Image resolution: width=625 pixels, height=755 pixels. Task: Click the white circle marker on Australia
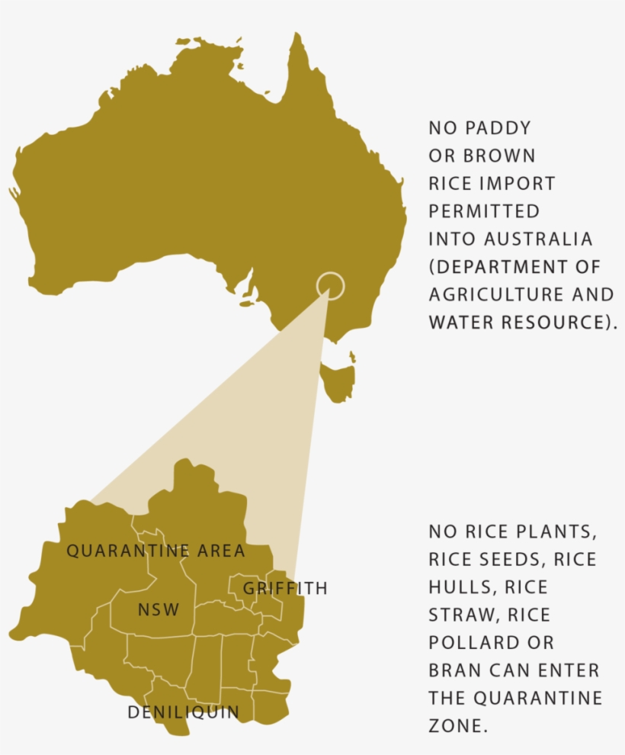(330, 287)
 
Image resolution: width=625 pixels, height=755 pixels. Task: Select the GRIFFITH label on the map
(285, 589)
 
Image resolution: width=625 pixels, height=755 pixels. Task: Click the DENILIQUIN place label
(183, 712)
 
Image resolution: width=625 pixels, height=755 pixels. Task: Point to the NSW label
(159, 610)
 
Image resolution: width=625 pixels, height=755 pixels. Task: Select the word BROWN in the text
(500, 156)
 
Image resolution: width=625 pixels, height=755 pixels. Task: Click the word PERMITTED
(484, 211)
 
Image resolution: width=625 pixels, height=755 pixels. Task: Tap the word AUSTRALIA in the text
(538, 239)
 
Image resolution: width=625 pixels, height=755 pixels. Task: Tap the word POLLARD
(476, 643)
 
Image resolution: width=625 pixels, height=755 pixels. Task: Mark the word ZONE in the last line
(455, 725)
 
